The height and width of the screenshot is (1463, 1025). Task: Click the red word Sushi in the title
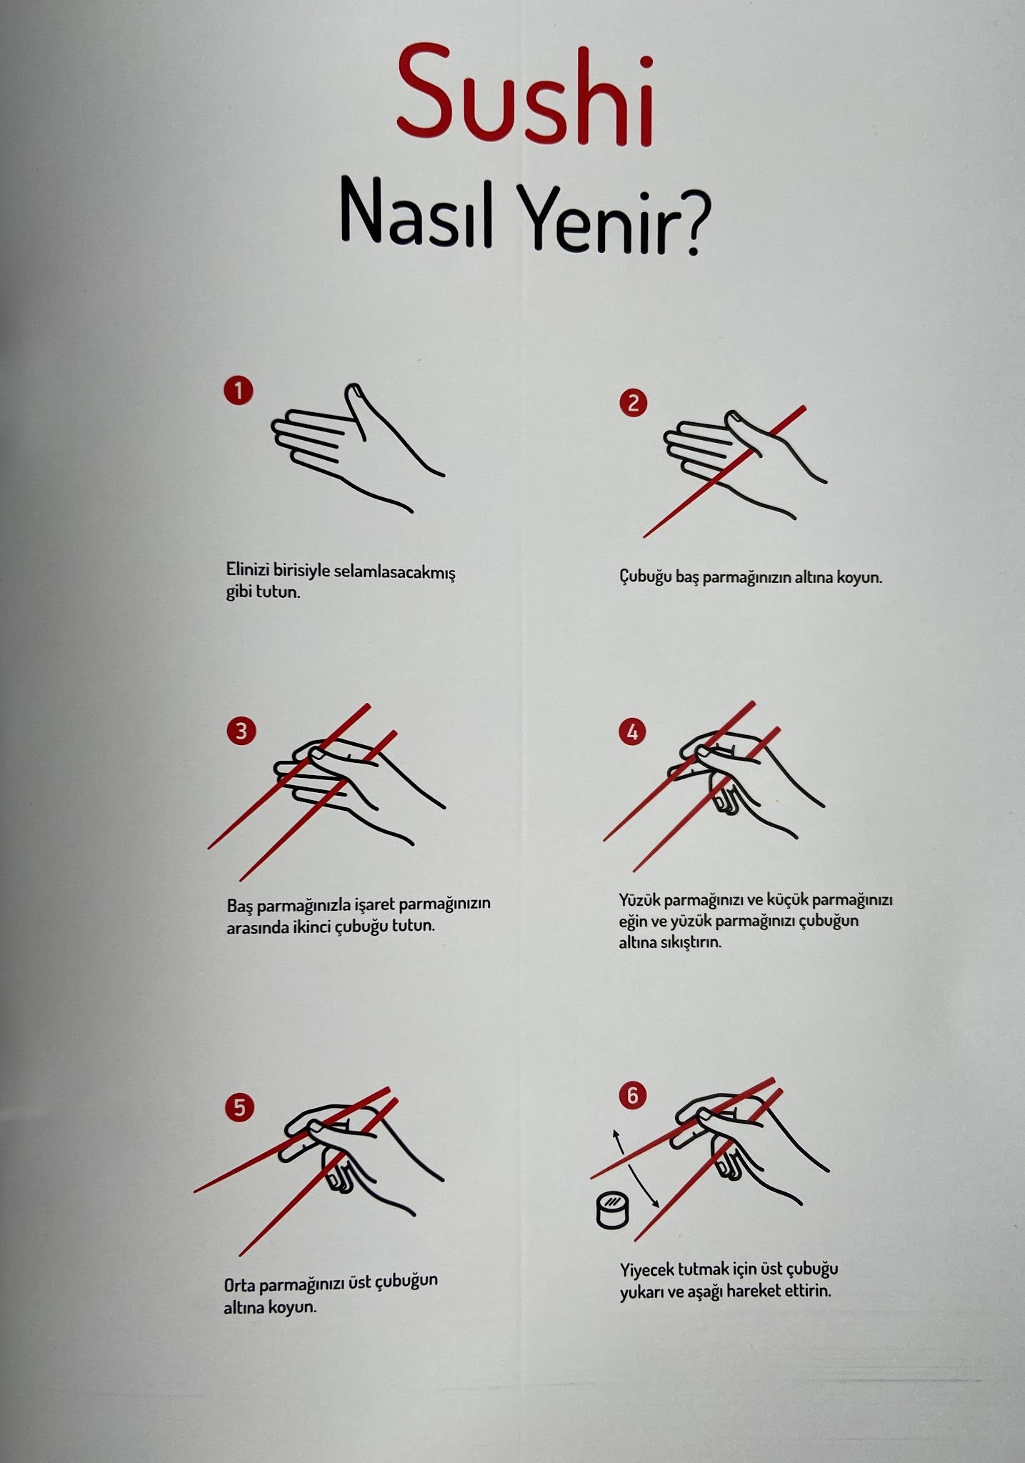tap(525, 94)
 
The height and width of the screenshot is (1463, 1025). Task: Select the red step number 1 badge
tap(238, 391)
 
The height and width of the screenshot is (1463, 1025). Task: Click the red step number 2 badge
tap(633, 404)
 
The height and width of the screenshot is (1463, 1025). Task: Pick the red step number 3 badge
tap(240, 731)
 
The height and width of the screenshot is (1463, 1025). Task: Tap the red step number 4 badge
tap(632, 732)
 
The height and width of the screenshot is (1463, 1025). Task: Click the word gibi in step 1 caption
tap(240, 593)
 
